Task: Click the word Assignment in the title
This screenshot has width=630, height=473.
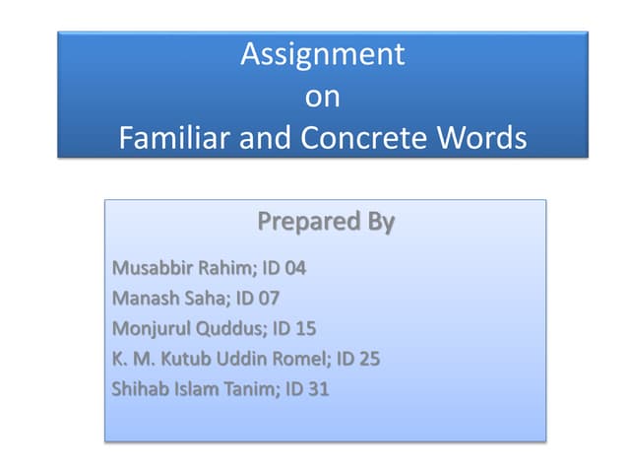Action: click(322, 54)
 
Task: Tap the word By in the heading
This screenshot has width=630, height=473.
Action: click(376, 222)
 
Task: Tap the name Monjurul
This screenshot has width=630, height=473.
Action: click(151, 328)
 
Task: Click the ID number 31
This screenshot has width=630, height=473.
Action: click(316, 389)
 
